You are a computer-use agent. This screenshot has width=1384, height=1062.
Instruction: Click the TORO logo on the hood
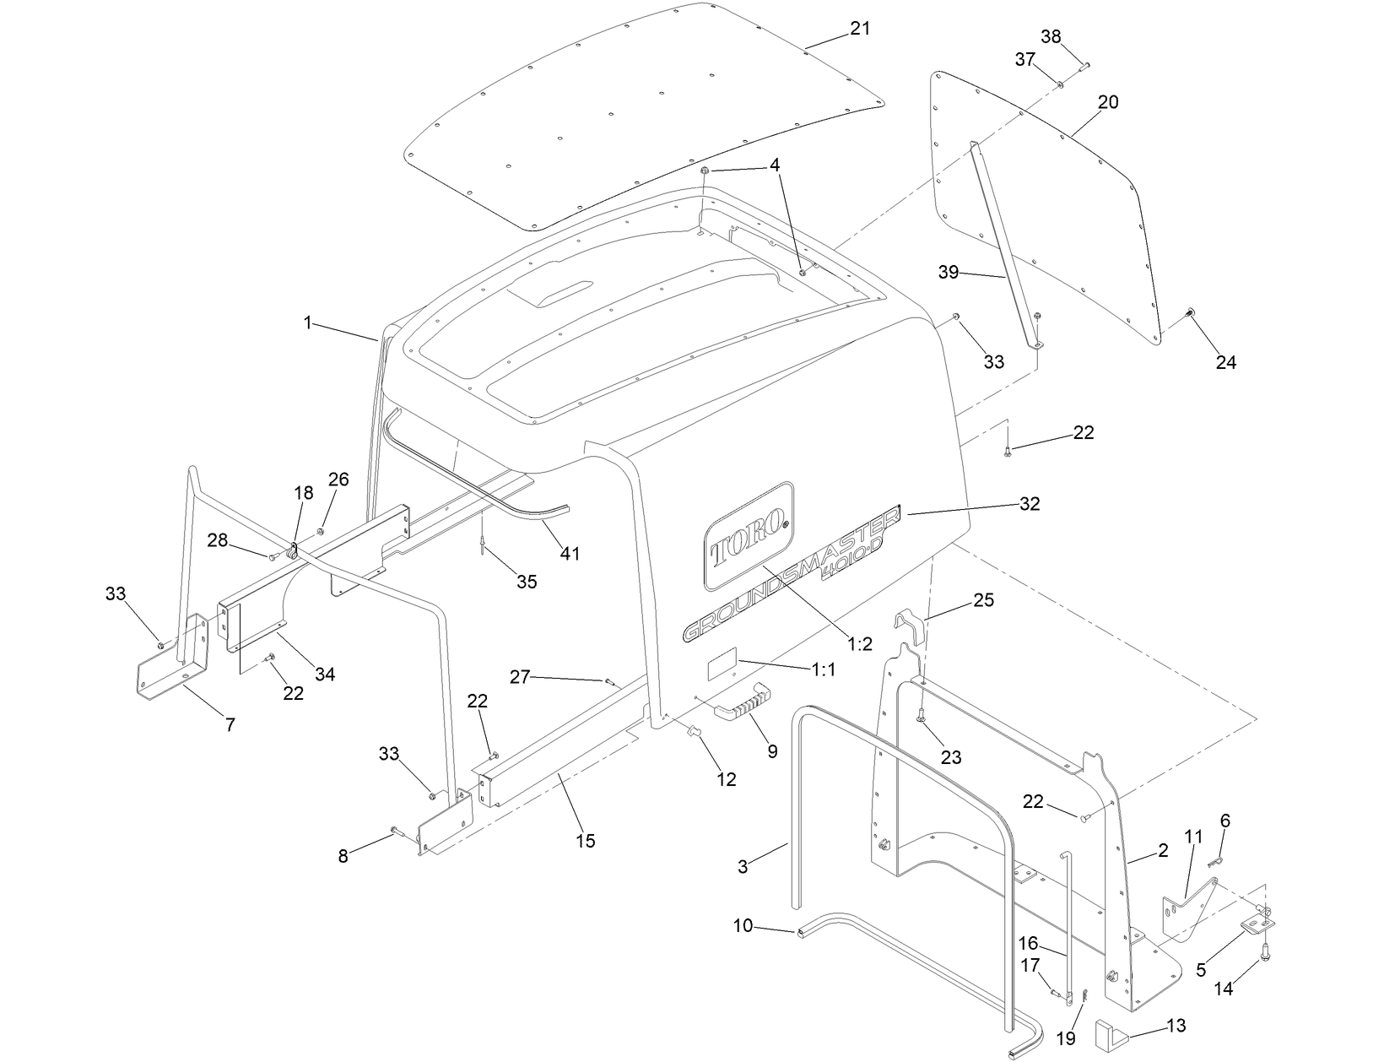[x=747, y=536]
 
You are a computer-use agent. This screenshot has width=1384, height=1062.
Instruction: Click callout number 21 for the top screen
[x=859, y=29]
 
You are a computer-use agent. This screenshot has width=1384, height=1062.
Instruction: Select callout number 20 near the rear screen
[x=1108, y=102]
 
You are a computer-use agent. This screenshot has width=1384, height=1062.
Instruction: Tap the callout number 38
[x=1051, y=36]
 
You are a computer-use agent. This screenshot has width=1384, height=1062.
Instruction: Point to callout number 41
[x=570, y=553]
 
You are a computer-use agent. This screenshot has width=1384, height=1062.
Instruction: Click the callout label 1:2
[x=859, y=644]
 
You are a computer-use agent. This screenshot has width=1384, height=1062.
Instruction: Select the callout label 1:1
[x=823, y=669]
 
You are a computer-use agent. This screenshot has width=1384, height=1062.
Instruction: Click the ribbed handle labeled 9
[x=742, y=700]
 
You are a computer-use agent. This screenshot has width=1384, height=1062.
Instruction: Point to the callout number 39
[x=949, y=272]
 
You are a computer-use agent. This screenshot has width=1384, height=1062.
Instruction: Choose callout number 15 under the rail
[x=585, y=841]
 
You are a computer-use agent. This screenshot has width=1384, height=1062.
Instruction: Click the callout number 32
[x=1030, y=504]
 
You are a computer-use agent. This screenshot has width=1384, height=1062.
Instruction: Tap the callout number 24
[x=1225, y=362]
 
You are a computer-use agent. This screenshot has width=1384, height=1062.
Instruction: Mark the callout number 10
[x=743, y=926]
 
